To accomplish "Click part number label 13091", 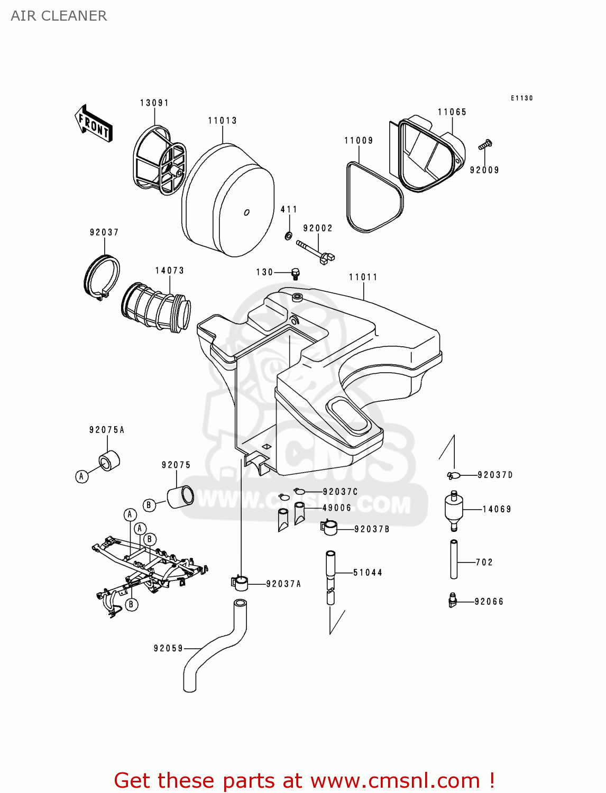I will pos(154,103).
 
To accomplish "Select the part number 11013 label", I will pos(222,121).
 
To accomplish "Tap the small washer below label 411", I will pos(288,235).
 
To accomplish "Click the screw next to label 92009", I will pos(485,143).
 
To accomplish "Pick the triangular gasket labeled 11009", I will pos(374,198).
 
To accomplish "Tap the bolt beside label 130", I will pos(296,273).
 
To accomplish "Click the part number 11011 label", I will pos(363,277).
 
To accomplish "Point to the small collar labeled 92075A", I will pos(109,460).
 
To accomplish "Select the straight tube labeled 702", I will pos(454,559).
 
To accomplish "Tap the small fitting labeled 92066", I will pos(452,600).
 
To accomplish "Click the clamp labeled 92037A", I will pos(240,583).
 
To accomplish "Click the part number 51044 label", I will pos(368,573).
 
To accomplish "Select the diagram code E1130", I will pos(521,98).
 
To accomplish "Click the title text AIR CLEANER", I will pos(59,16).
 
